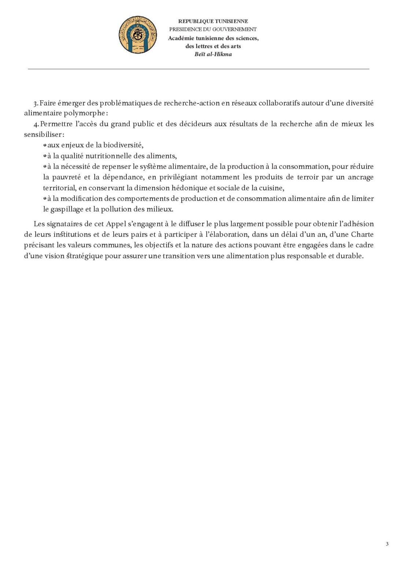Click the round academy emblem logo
[137, 35]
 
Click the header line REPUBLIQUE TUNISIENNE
[213, 21]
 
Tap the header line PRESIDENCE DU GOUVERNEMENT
[213, 29]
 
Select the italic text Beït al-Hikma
[213, 54]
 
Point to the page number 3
[387, 544]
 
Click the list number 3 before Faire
[36, 104]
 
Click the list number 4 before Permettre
[36, 124]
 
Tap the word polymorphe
[84, 113]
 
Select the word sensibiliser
[43, 135]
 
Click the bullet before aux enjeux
[45, 146]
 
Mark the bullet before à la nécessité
[45, 167]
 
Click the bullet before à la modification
[45, 199]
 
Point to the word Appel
[116, 224]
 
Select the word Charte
[362, 235]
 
